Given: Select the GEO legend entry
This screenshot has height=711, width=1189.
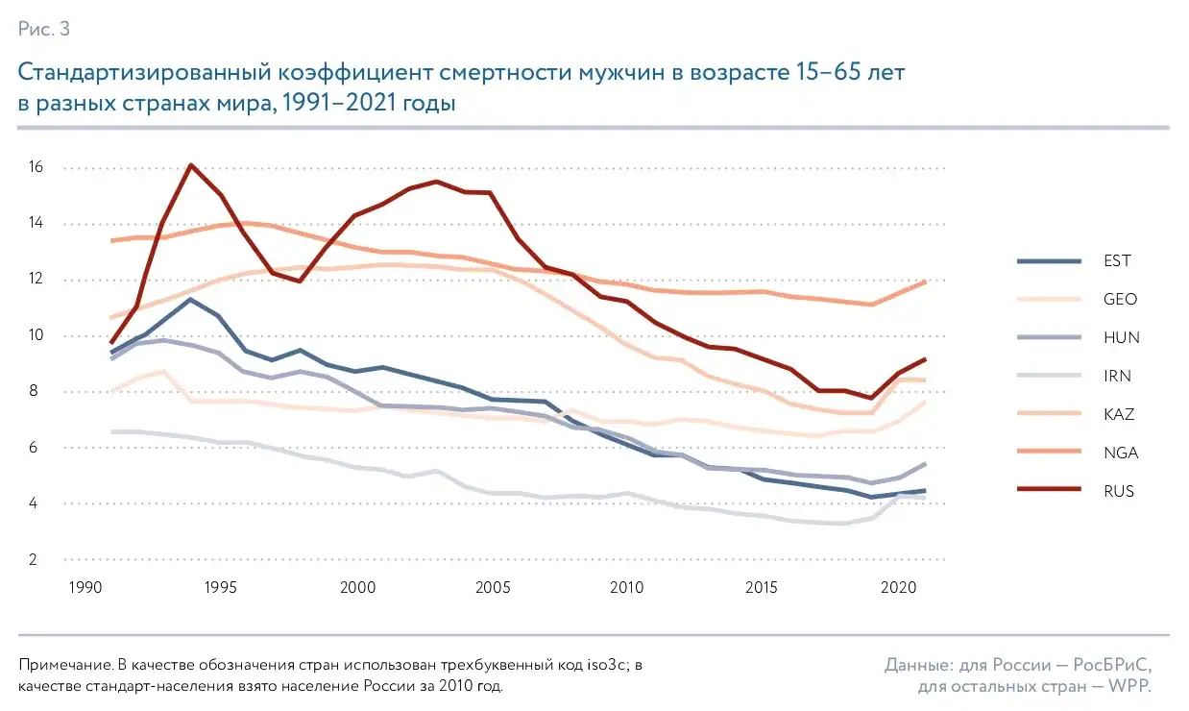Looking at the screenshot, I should [x=1121, y=299].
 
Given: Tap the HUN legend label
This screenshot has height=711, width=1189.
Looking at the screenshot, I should [x=1121, y=337].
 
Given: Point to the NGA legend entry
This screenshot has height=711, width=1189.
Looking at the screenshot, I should [x=1121, y=453].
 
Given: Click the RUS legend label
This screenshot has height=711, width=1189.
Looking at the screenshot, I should [x=1120, y=491].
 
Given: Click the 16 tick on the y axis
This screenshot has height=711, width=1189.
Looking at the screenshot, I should [x=36, y=168].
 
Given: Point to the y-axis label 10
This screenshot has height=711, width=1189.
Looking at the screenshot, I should [x=36, y=335].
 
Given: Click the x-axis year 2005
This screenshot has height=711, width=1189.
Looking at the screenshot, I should [x=492, y=586].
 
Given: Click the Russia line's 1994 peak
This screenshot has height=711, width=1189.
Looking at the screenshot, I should [x=191, y=165].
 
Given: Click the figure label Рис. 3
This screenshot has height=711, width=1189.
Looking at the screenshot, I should [x=44, y=30].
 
